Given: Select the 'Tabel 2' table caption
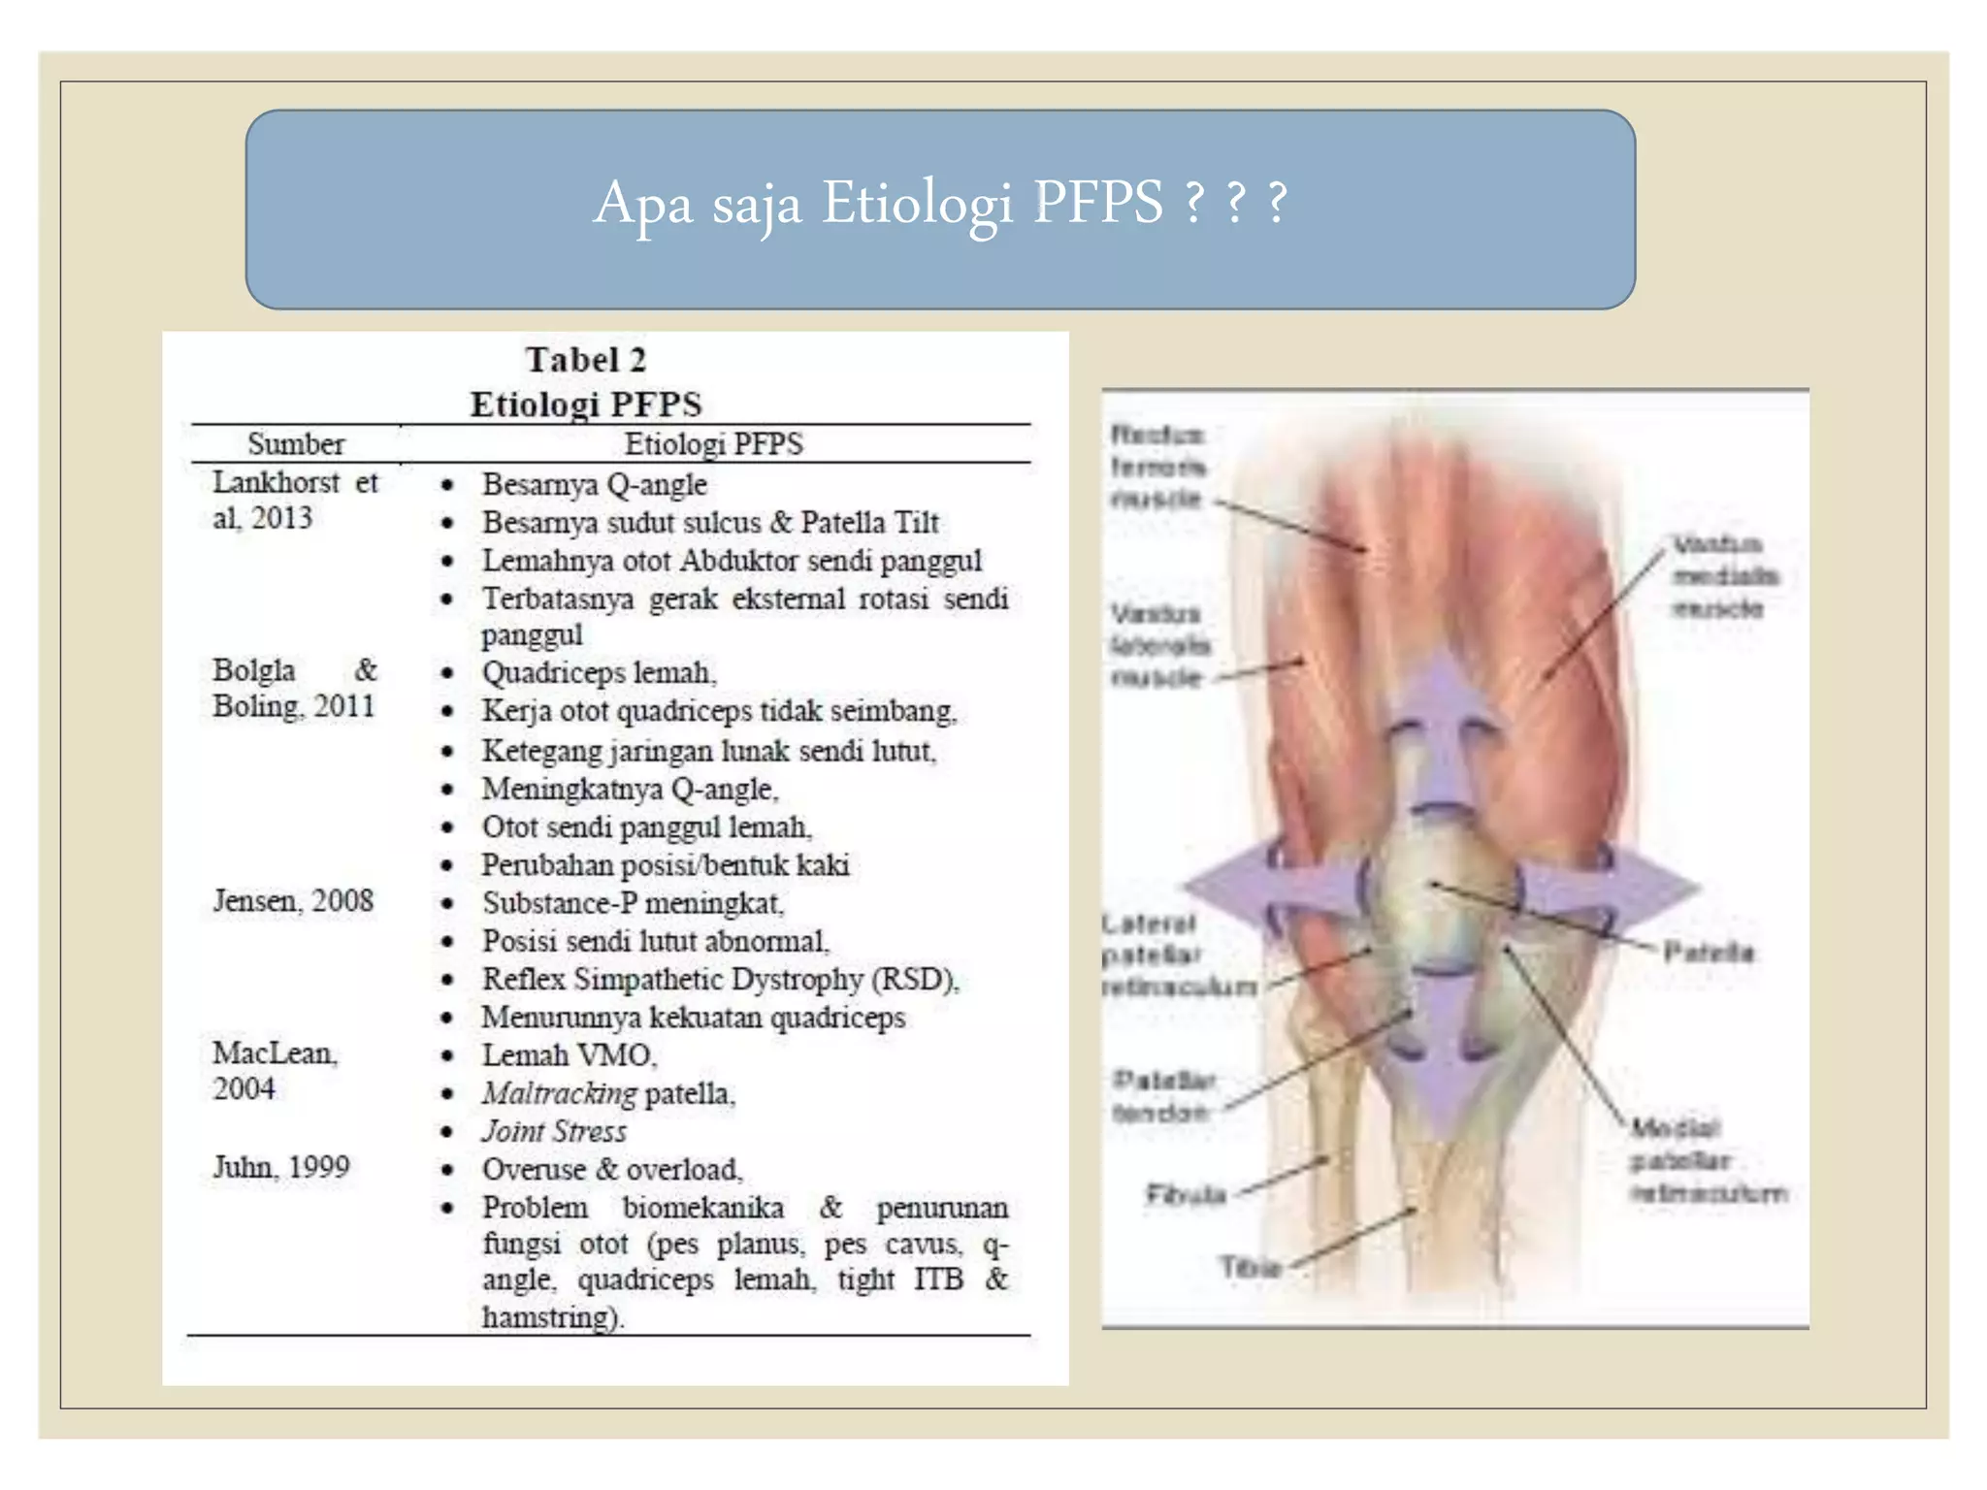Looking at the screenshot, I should coord(586,360).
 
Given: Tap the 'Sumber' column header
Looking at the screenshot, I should coord(296,444).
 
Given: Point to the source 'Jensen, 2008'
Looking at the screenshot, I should coord(293,901).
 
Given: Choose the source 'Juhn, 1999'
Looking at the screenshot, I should coord(281,1167).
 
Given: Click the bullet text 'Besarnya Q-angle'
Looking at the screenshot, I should coord(595,484).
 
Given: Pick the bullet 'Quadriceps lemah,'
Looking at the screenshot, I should coord(600,672).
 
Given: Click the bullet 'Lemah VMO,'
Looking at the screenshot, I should coord(570,1055).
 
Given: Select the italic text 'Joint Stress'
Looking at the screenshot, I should coord(554,1131).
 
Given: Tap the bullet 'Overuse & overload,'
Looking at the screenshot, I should coord(612,1170).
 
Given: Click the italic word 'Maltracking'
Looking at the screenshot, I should coord(559,1093).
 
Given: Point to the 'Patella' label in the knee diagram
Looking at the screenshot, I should coord(1708,952).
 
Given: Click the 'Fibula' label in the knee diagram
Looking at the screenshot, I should coord(1186,1193).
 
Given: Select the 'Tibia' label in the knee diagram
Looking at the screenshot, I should coord(1251,1267).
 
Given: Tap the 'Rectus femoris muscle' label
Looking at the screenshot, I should coord(1157,467).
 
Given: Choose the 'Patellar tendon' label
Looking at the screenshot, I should coord(1163,1096).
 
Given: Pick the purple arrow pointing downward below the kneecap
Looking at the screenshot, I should coord(1443,1057).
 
